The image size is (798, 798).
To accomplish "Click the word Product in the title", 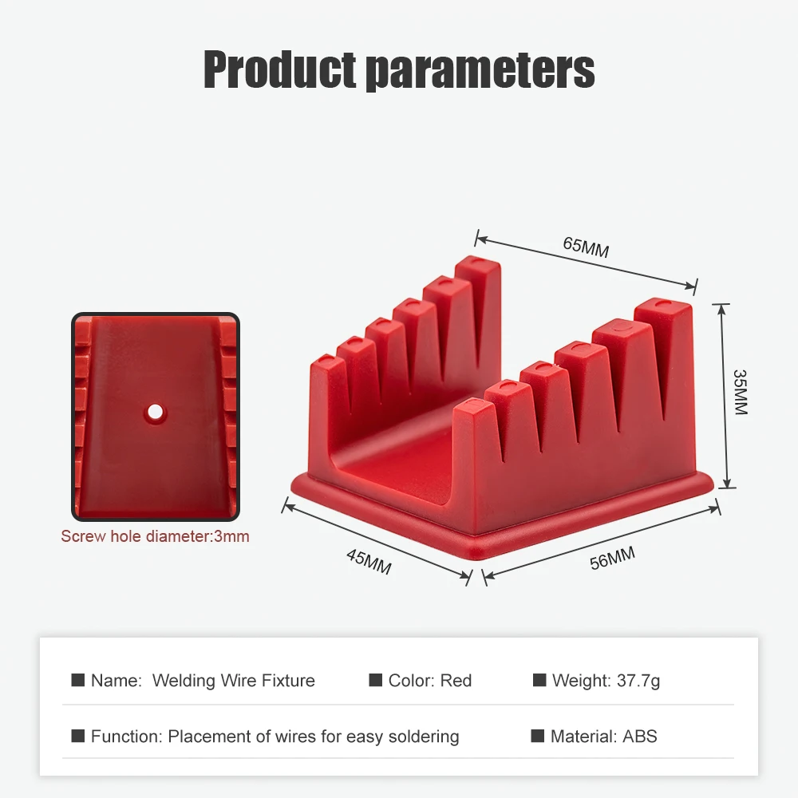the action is point(279,69).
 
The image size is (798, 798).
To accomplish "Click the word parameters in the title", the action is point(481,71).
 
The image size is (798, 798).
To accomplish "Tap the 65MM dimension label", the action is point(586,247).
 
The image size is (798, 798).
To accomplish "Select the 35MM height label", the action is point(741,392).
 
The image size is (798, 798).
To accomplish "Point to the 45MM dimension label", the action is point(369,561).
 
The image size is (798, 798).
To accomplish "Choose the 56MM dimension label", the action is point(612,559).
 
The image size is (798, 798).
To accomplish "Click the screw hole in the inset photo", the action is point(156,411).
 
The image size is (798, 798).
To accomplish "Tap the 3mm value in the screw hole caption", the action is point(231,536).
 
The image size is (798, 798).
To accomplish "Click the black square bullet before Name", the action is point(78,680).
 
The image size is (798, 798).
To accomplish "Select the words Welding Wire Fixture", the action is point(234,681).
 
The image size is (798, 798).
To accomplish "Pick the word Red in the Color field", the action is point(456,681).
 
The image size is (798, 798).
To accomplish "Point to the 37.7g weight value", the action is point(638,681).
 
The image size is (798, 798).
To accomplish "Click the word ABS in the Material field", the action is point(640,737).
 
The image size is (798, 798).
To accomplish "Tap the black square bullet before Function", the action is point(78,736).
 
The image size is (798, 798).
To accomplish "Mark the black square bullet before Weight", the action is point(539,680).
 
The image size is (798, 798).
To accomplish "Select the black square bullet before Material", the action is point(537,736).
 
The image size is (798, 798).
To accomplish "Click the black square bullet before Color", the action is point(376,680).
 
